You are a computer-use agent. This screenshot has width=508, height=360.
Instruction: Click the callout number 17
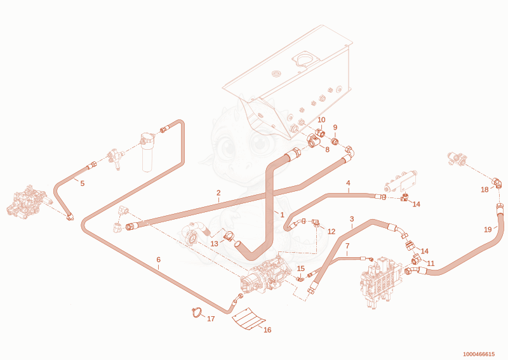(x=211, y=319)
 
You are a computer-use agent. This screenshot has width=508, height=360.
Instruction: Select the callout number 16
(x=267, y=330)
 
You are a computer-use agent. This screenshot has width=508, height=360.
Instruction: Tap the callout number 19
(x=488, y=230)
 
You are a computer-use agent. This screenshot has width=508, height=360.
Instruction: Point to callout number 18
(x=485, y=190)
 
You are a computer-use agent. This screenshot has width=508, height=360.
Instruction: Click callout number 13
(x=215, y=244)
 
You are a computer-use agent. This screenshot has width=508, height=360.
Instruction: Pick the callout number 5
(x=83, y=183)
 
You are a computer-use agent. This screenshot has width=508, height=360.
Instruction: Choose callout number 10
(x=321, y=120)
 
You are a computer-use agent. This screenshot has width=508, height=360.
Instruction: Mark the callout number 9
(x=335, y=128)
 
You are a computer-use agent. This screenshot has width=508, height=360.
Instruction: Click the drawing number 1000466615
(x=479, y=354)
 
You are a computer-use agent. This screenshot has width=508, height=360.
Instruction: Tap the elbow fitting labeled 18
(x=497, y=182)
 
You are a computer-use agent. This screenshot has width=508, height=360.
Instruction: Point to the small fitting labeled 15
(x=301, y=278)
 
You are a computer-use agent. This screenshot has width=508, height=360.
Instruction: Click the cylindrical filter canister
(x=147, y=152)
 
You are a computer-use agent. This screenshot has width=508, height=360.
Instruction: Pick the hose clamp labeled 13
(x=229, y=236)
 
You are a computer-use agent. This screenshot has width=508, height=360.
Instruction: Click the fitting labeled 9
(x=335, y=142)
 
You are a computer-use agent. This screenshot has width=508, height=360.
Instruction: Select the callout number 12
(x=331, y=232)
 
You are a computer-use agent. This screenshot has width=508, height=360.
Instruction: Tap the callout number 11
(x=431, y=263)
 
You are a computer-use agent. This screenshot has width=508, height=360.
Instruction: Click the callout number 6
(x=158, y=260)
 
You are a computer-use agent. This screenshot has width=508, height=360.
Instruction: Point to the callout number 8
(x=327, y=150)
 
